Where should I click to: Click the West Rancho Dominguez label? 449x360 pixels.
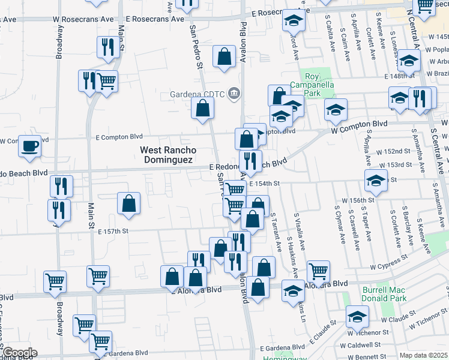coord(167,155)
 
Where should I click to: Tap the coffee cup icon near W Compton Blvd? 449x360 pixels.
coord(29,146)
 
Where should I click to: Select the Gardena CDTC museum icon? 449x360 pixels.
coord(234,93)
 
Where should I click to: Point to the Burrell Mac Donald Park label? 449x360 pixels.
coord(384,293)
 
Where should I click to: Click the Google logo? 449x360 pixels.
coord(20,353)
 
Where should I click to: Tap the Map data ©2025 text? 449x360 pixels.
coord(423,355)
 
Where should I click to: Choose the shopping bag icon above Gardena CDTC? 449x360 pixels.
coord(224,58)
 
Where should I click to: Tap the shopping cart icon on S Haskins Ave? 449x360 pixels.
coord(318,271)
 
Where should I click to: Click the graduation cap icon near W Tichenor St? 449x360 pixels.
coord(357,316)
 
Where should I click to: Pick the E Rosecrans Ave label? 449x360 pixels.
coord(155,19)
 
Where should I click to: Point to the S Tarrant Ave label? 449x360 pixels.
coord(276,231)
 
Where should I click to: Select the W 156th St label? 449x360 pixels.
coord(358,199)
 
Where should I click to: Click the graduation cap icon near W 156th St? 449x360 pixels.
coord(376,180)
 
